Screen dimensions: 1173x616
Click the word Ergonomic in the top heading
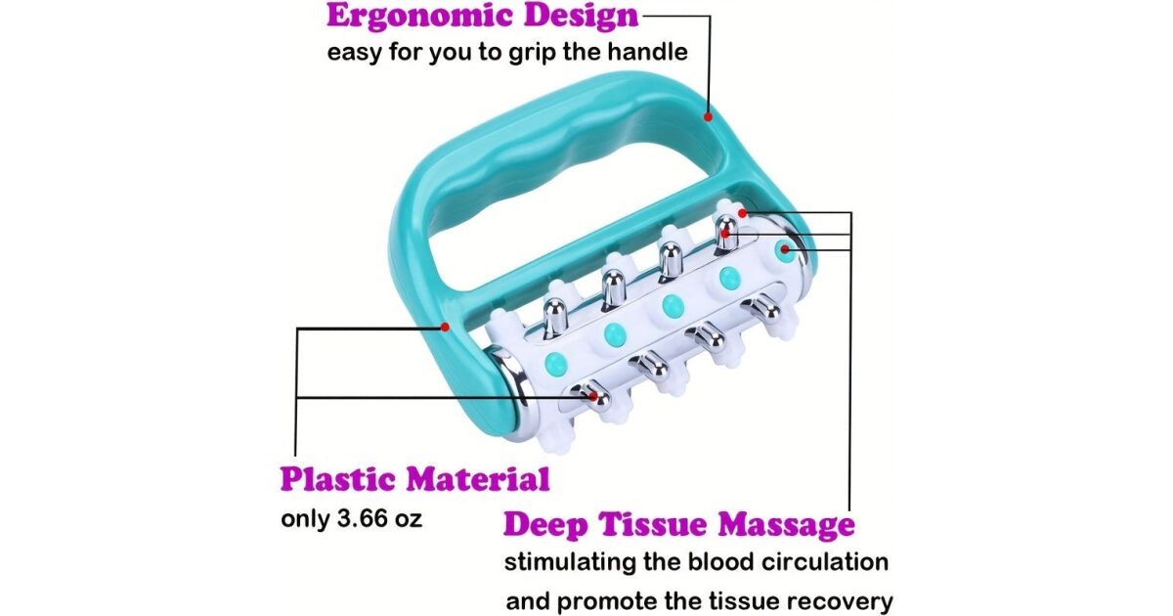418,16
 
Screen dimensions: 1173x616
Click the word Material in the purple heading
479,479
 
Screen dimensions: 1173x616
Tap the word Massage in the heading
786,525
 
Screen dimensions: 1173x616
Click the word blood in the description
719,562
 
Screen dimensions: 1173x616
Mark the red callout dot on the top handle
708,116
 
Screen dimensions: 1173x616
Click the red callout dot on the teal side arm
445,327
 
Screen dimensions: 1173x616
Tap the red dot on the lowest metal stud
592,397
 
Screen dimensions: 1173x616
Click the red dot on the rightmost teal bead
785,249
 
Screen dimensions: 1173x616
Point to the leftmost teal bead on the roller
555,363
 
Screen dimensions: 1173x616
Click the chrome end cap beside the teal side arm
511,386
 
